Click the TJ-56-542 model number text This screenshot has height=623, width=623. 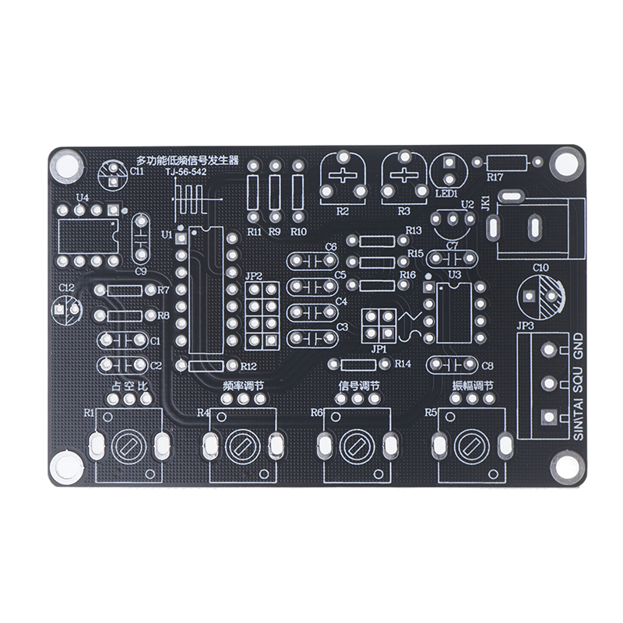(x=186, y=172)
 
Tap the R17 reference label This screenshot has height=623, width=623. (x=495, y=178)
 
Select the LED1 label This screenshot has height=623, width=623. (x=446, y=194)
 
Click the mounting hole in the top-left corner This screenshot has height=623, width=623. (x=66, y=164)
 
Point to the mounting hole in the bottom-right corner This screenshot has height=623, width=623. (x=566, y=468)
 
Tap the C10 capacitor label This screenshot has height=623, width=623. (x=540, y=267)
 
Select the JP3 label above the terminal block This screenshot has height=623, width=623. (x=525, y=326)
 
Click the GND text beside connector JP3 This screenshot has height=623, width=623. (x=578, y=346)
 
